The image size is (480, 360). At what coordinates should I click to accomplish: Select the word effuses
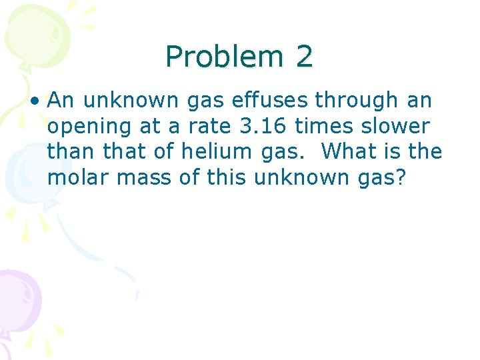click(269, 101)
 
